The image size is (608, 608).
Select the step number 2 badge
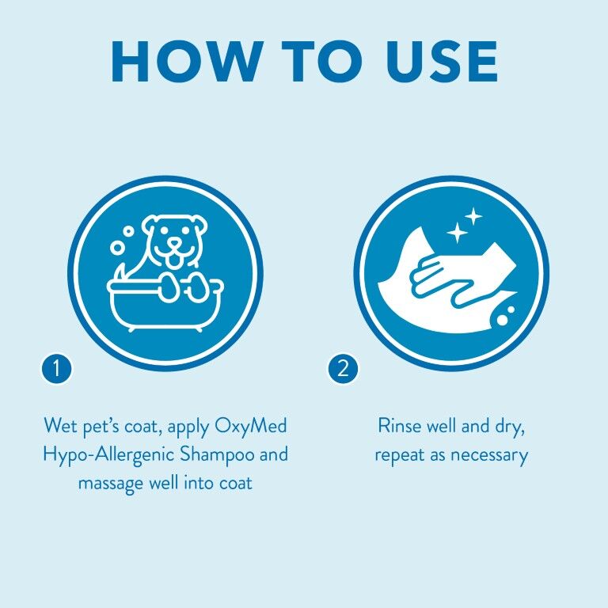[x=343, y=368]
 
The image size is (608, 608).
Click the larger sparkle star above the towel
[x=473, y=215]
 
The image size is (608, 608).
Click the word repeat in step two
[x=401, y=455]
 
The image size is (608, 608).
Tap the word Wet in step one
[x=59, y=427]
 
